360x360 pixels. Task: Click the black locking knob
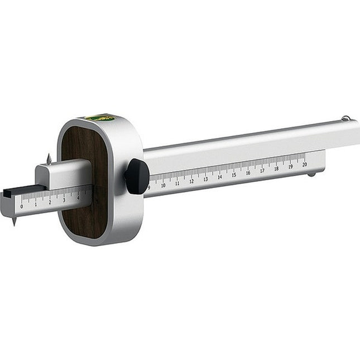(x=136, y=176)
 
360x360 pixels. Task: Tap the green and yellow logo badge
(x=100, y=118)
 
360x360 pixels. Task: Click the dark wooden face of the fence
(x=84, y=184)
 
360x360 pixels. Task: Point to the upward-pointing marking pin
(x=49, y=159)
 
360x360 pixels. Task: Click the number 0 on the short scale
(x=22, y=207)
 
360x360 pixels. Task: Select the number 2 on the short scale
(x=50, y=202)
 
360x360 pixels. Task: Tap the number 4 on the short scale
(x=78, y=198)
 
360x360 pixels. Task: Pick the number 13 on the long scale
(x=205, y=179)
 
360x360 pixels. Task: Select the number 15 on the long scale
(x=234, y=175)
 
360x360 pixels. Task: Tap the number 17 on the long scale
(x=262, y=171)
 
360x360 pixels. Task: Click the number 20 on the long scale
(x=304, y=165)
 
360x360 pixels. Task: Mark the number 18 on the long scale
(x=276, y=169)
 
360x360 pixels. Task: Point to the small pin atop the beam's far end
(x=346, y=118)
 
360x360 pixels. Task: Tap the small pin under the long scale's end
(x=311, y=174)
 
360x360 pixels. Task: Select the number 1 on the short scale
(x=36, y=204)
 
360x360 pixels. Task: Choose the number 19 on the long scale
(x=290, y=167)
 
